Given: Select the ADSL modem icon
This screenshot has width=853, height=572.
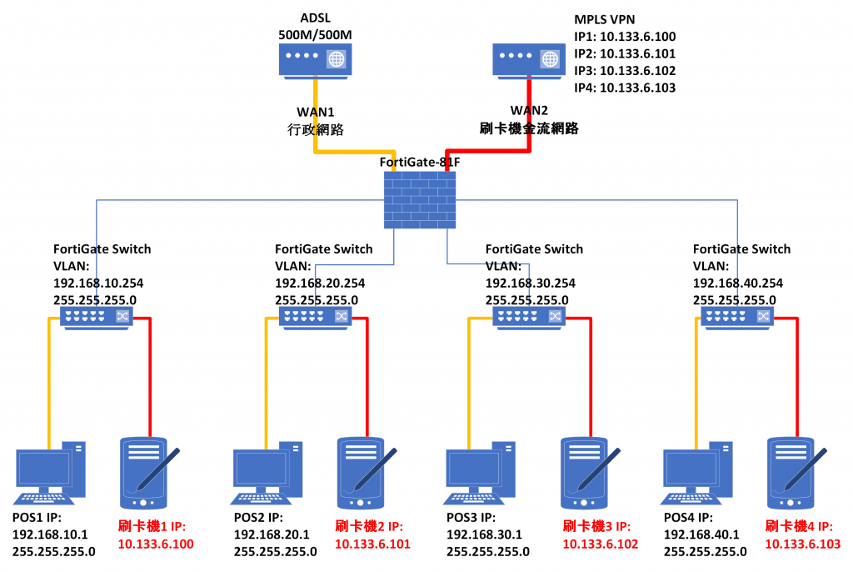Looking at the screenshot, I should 314,59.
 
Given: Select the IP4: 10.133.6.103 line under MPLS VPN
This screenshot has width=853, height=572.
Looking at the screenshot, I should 625,87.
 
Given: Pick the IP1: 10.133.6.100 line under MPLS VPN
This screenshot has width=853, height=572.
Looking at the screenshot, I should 625,37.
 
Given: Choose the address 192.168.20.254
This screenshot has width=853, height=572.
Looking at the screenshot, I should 320,283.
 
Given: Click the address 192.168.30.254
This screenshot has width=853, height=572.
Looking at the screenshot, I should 530,283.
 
